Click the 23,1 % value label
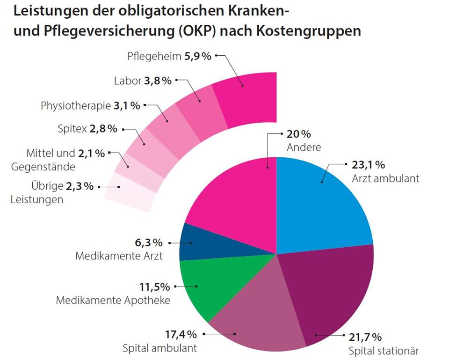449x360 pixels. (368, 165)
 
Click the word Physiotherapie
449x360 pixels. (76, 105)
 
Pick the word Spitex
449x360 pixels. (72, 129)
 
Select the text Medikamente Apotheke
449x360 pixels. (113, 300)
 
